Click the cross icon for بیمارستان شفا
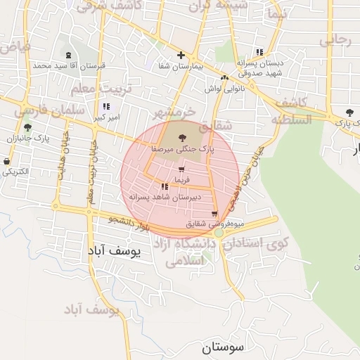point(181,55)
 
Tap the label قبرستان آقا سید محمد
point(68,66)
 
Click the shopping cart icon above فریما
point(182,169)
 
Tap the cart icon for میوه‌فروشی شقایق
point(214,214)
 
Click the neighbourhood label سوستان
point(222,347)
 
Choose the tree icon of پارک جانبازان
point(27,128)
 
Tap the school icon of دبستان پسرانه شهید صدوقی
point(259,52)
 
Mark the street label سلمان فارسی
point(51,111)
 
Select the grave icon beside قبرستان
point(68,56)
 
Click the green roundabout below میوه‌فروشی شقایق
point(219,233)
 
